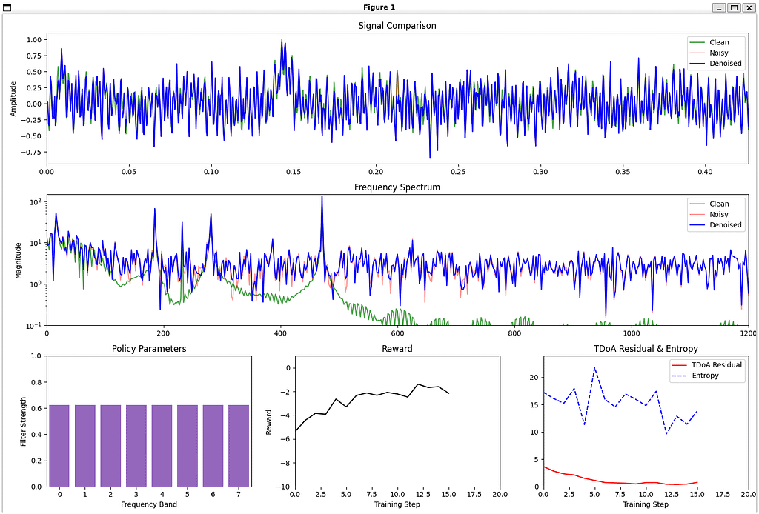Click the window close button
tap(749, 7)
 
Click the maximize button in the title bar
tap(734, 7)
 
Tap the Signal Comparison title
tap(397, 26)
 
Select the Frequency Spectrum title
tap(397, 187)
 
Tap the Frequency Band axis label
tap(149, 504)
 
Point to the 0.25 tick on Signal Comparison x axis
tap(458, 170)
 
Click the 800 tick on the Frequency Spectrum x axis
tap(514, 333)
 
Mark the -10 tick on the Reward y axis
tap(280, 487)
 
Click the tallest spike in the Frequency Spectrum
tap(322, 197)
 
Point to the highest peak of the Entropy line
tap(594, 368)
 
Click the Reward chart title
tap(397, 348)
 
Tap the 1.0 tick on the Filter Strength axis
tap(34, 356)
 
